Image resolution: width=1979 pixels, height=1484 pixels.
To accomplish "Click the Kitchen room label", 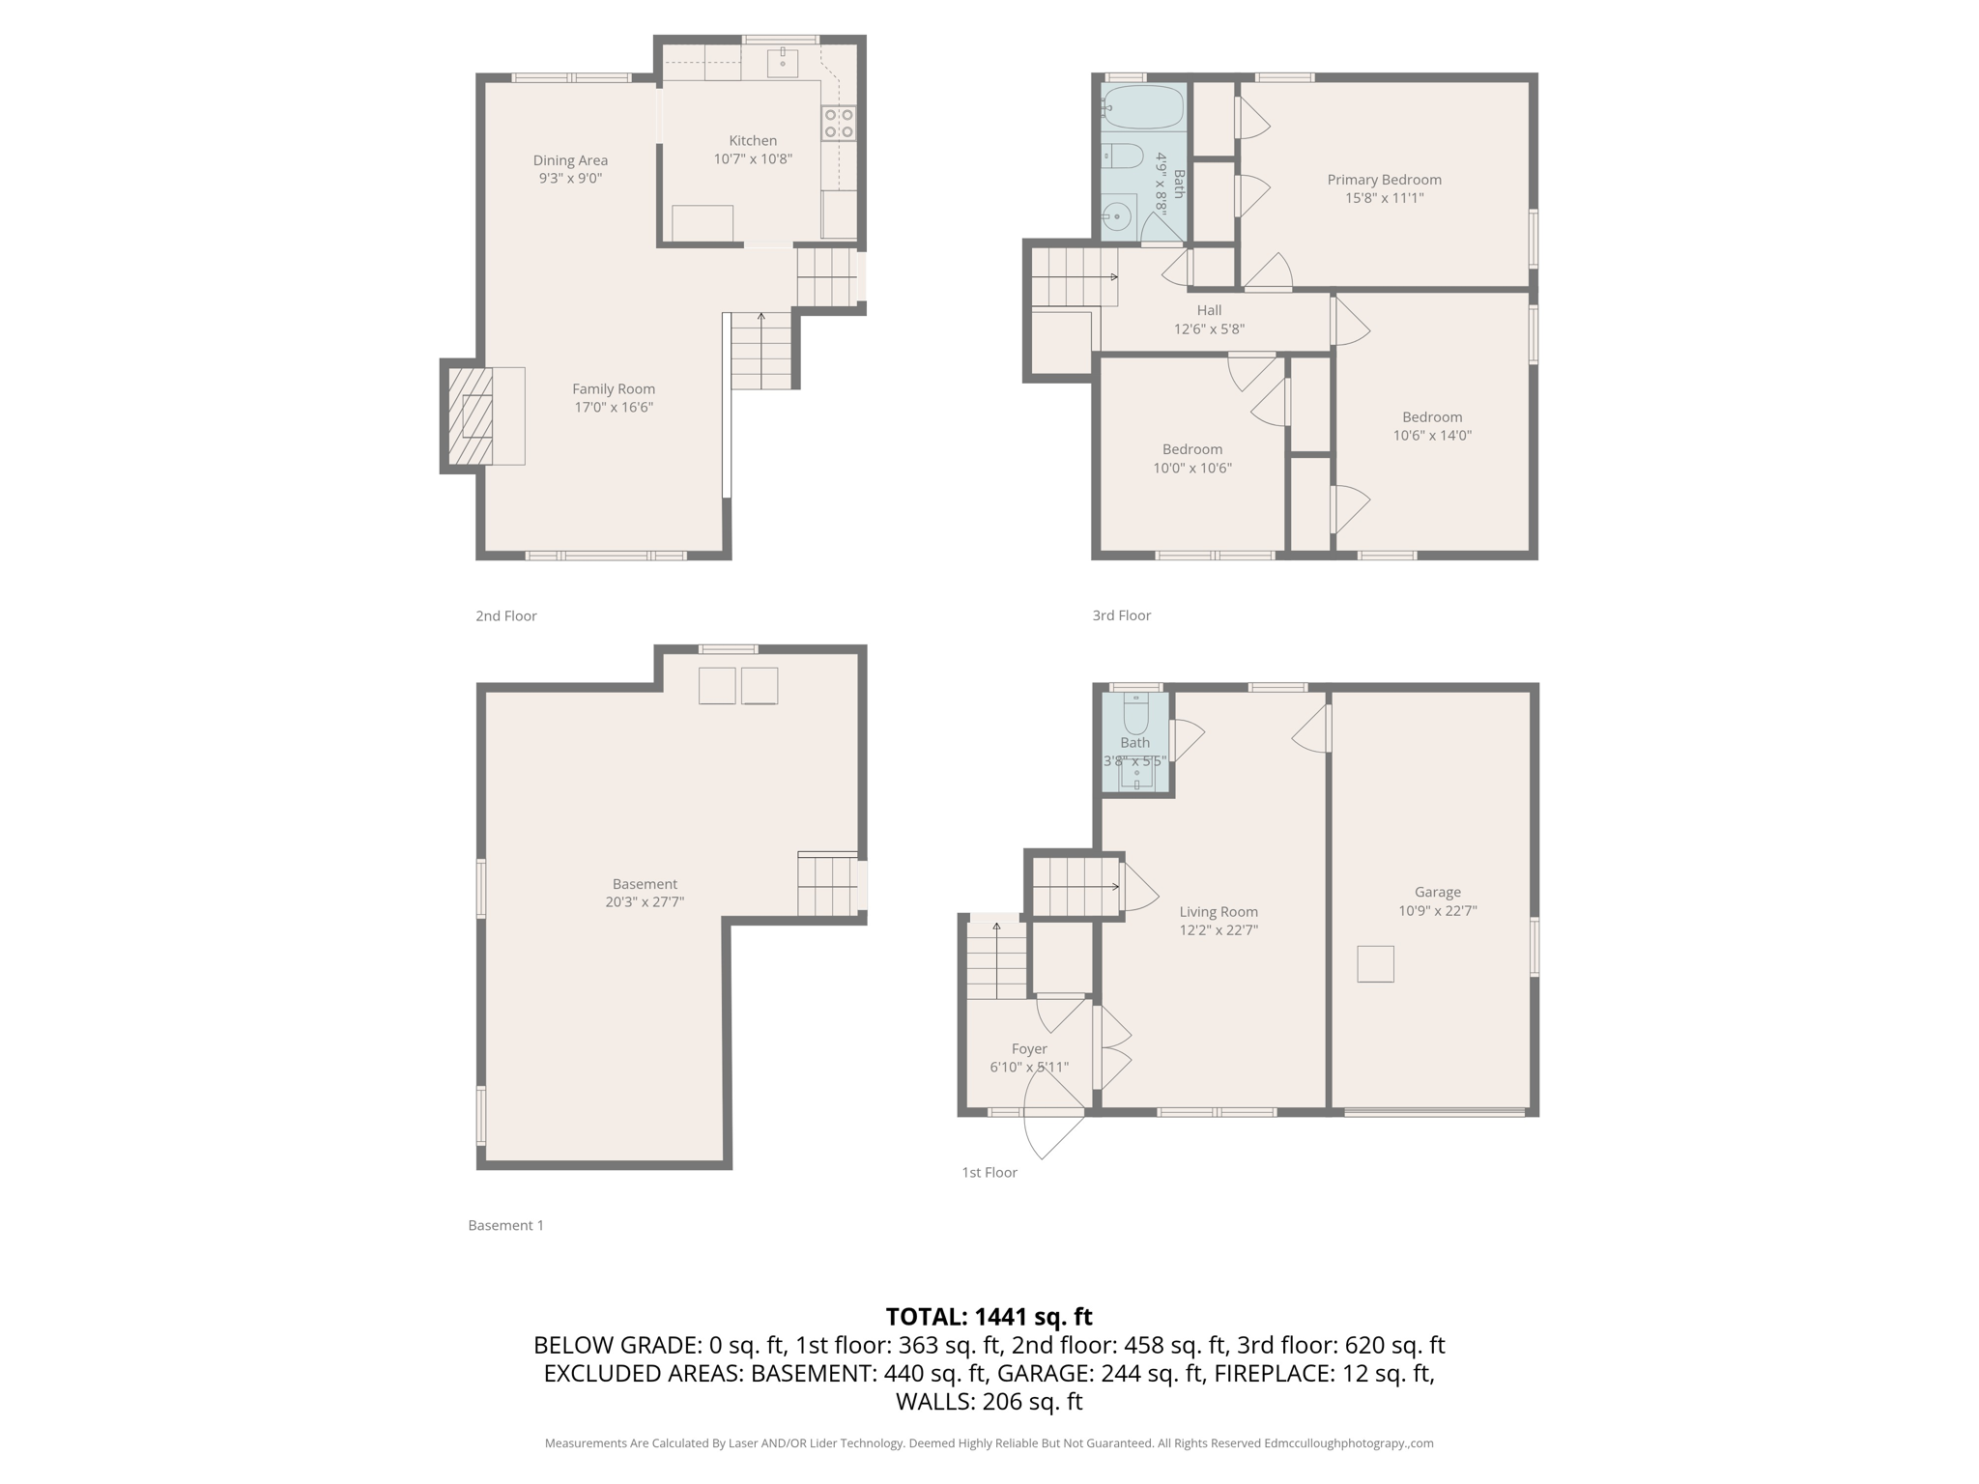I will [x=752, y=141].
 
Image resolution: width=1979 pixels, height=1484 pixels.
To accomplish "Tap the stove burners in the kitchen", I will [x=838, y=124].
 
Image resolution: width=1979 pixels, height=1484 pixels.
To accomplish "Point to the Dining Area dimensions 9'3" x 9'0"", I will [x=570, y=179].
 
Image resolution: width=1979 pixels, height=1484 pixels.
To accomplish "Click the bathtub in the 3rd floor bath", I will [x=1143, y=106].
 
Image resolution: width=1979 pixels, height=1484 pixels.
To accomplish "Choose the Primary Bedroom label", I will [x=1384, y=180].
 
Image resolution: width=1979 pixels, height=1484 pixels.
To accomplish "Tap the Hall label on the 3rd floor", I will [x=1209, y=310].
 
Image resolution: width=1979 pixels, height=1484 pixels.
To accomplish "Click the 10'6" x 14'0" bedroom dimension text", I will [x=1432, y=436].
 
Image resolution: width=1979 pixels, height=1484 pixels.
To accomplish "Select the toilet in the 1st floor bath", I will [x=1135, y=715].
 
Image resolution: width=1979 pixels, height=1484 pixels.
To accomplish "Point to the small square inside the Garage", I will [x=1375, y=964].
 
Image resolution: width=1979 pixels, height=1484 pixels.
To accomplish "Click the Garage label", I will [x=1437, y=892].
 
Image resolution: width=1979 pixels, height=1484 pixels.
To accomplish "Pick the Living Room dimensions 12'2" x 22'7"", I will [x=1218, y=930].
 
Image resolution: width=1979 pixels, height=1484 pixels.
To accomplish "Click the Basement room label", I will [x=645, y=884].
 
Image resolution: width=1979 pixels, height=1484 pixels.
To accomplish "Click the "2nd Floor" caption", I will [x=505, y=616].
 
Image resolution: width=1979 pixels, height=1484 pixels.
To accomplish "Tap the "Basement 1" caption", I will [x=505, y=1225].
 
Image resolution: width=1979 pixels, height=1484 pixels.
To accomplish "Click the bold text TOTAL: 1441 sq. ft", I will [x=989, y=1317].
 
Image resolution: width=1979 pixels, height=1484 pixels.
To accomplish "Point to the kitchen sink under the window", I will [x=783, y=63].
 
